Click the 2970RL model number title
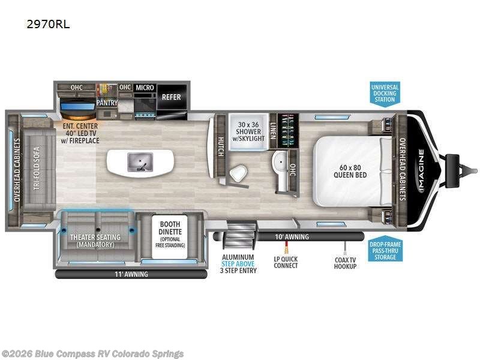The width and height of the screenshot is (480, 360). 48,24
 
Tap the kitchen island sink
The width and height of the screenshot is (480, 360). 140,162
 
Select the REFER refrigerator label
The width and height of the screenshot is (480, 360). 172,97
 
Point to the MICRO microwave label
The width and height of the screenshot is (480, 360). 145,88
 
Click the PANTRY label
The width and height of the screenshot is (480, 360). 107,103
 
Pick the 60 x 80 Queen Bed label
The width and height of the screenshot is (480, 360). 350,172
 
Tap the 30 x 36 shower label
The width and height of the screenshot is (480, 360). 248,131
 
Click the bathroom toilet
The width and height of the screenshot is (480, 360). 238,173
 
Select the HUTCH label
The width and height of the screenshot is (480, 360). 220,147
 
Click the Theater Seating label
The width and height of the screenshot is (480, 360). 95,241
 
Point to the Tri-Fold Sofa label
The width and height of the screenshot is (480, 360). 37,169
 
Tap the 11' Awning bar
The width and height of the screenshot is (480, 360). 131,274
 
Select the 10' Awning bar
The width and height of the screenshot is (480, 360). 289,236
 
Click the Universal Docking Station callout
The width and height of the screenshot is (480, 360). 385,94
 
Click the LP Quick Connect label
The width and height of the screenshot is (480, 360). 286,262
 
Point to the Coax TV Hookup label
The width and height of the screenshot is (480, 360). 345,263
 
